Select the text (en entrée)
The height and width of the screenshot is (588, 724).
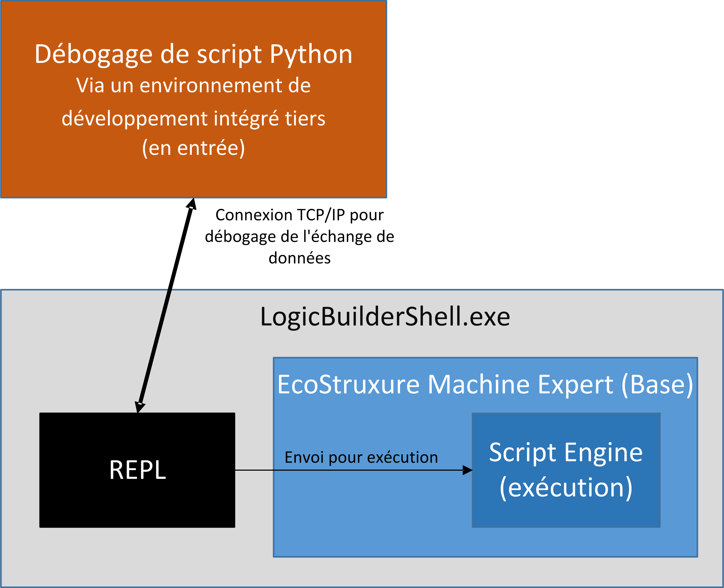pos(193,148)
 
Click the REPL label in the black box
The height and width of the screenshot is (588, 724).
pos(138,470)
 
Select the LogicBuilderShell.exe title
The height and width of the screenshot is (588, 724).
pos(385,317)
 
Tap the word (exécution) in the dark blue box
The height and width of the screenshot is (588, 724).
pos(566,488)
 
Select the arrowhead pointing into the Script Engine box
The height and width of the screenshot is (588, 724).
pos(467,470)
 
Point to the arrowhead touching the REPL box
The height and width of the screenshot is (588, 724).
pos(139,407)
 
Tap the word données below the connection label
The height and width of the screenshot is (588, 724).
pos(299,258)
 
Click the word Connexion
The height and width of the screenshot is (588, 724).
pos(254,215)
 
